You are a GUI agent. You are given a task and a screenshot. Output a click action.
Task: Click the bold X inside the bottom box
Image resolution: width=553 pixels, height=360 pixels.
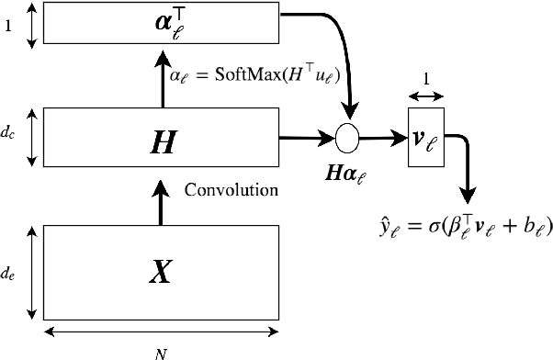(160, 272)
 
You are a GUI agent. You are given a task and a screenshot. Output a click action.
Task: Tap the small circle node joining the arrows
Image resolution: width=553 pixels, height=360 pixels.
(347, 139)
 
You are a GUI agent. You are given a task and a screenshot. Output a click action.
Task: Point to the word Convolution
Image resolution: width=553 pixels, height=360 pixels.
(231, 191)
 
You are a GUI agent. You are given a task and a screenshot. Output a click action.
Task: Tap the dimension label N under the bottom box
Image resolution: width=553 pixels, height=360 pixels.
(161, 350)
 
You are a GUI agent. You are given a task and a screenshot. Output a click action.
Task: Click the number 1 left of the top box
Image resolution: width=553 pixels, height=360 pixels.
(8, 26)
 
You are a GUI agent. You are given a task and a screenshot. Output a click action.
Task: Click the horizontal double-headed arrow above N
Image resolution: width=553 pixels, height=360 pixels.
(160, 332)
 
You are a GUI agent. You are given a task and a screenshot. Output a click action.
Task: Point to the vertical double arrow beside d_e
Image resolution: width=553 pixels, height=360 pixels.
(32, 273)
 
